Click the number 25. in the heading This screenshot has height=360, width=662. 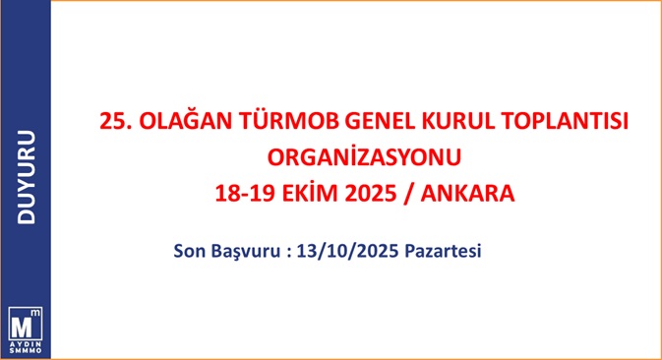click(x=115, y=121)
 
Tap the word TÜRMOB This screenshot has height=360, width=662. click(x=289, y=120)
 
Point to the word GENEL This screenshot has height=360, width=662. click(x=380, y=121)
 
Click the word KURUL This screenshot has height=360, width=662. click(x=458, y=121)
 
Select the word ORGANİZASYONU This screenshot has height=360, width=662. click(x=364, y=156)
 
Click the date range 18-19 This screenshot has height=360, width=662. click(x=245, y=194)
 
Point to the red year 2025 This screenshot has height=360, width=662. click(x=371, y=194)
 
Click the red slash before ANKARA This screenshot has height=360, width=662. click(x=408, y=194)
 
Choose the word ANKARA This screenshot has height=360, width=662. click(x=467, y=194)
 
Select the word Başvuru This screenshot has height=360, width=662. click(x=246, y=252)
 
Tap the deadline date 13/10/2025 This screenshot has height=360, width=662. click(x=347, y=251)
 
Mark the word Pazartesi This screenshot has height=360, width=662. click(x=443, y=251)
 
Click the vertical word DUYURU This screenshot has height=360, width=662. click(x=27, y=177)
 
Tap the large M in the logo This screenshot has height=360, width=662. click(x=22, y=327)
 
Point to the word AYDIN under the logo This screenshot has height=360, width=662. click(x=26, y=345)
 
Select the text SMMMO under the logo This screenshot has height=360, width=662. click(x=26, y=351)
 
